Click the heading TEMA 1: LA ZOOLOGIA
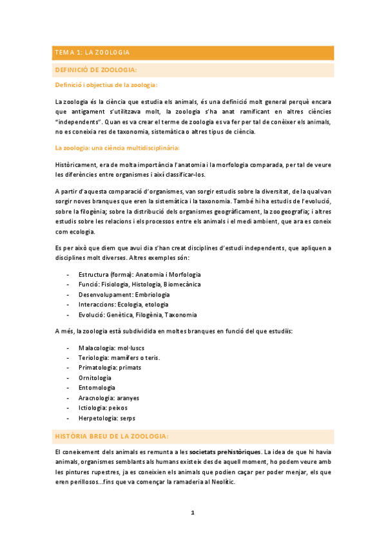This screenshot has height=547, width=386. pyautogui.click(x=92, y=52)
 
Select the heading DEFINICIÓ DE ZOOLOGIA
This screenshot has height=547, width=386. pyautogui.click(x=97, y=69)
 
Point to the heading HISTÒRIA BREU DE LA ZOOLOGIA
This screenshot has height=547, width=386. pyautogui.click(x=113, y=437)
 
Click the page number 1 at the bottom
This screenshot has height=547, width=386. pyautogui.click(x=192, y=513)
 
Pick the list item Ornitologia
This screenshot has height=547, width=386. pyautogui.click(x=95, y=377)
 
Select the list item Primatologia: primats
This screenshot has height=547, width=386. pyautogui.click(x=109, y=367)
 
